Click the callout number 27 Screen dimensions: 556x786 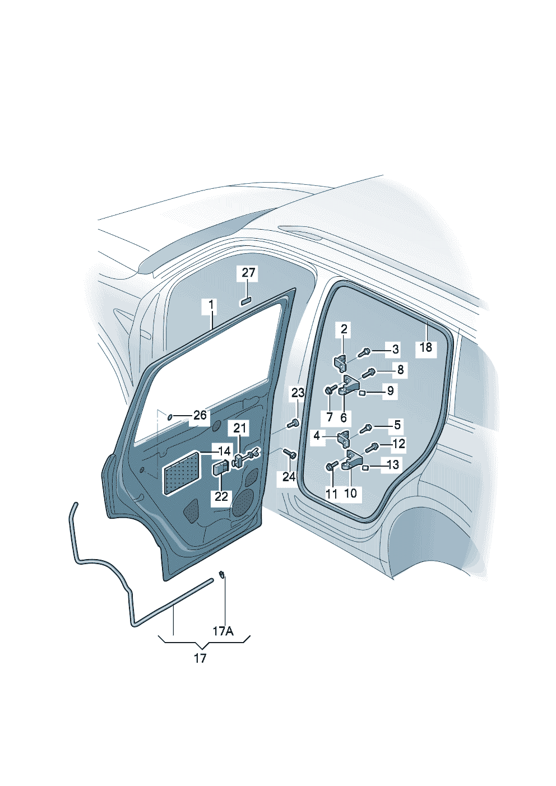(248, 273)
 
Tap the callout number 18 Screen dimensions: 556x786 (426, 347)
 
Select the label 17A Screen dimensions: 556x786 (223, 631)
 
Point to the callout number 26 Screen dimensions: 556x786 (200, 415)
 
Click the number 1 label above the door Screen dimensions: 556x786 (211, 305)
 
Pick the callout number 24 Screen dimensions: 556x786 (289, 477)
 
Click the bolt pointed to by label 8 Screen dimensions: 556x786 (368, 371)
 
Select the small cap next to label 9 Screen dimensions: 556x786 (363, 392)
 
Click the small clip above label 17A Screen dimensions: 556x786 (222, 574)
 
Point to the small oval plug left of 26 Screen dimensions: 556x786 (170, 416)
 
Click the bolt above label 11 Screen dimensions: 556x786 (330, 465)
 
